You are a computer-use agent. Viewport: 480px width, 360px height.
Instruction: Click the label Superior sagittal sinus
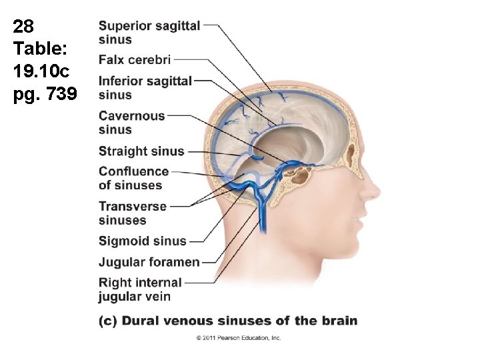click(149, 33)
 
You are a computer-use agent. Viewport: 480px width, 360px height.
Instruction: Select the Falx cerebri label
click(135, 60)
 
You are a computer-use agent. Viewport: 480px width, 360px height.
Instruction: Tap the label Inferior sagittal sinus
click(145, 87)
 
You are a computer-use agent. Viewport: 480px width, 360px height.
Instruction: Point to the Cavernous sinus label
click(132, 123)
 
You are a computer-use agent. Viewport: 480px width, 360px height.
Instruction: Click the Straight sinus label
click(141, 151)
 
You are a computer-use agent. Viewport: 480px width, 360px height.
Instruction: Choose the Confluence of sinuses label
click(133, 179)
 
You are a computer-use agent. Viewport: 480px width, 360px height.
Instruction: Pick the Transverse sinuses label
click(133, 213)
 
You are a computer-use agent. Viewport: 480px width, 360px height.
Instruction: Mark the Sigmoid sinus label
click(143, 241)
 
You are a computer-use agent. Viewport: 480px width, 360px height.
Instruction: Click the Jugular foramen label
click(149, 262)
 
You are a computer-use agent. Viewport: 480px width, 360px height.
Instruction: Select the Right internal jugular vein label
click(140, 289)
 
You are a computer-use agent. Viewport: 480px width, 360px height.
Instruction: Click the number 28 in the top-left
click(23, 27)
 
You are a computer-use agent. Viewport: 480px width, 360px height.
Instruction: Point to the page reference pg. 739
click(45, 95)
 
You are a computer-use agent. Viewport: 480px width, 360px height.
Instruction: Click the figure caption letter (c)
click(108, 321)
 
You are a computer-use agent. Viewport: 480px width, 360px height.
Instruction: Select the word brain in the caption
click(337, 321)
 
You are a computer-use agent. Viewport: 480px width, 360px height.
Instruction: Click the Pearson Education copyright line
click(239, 338)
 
